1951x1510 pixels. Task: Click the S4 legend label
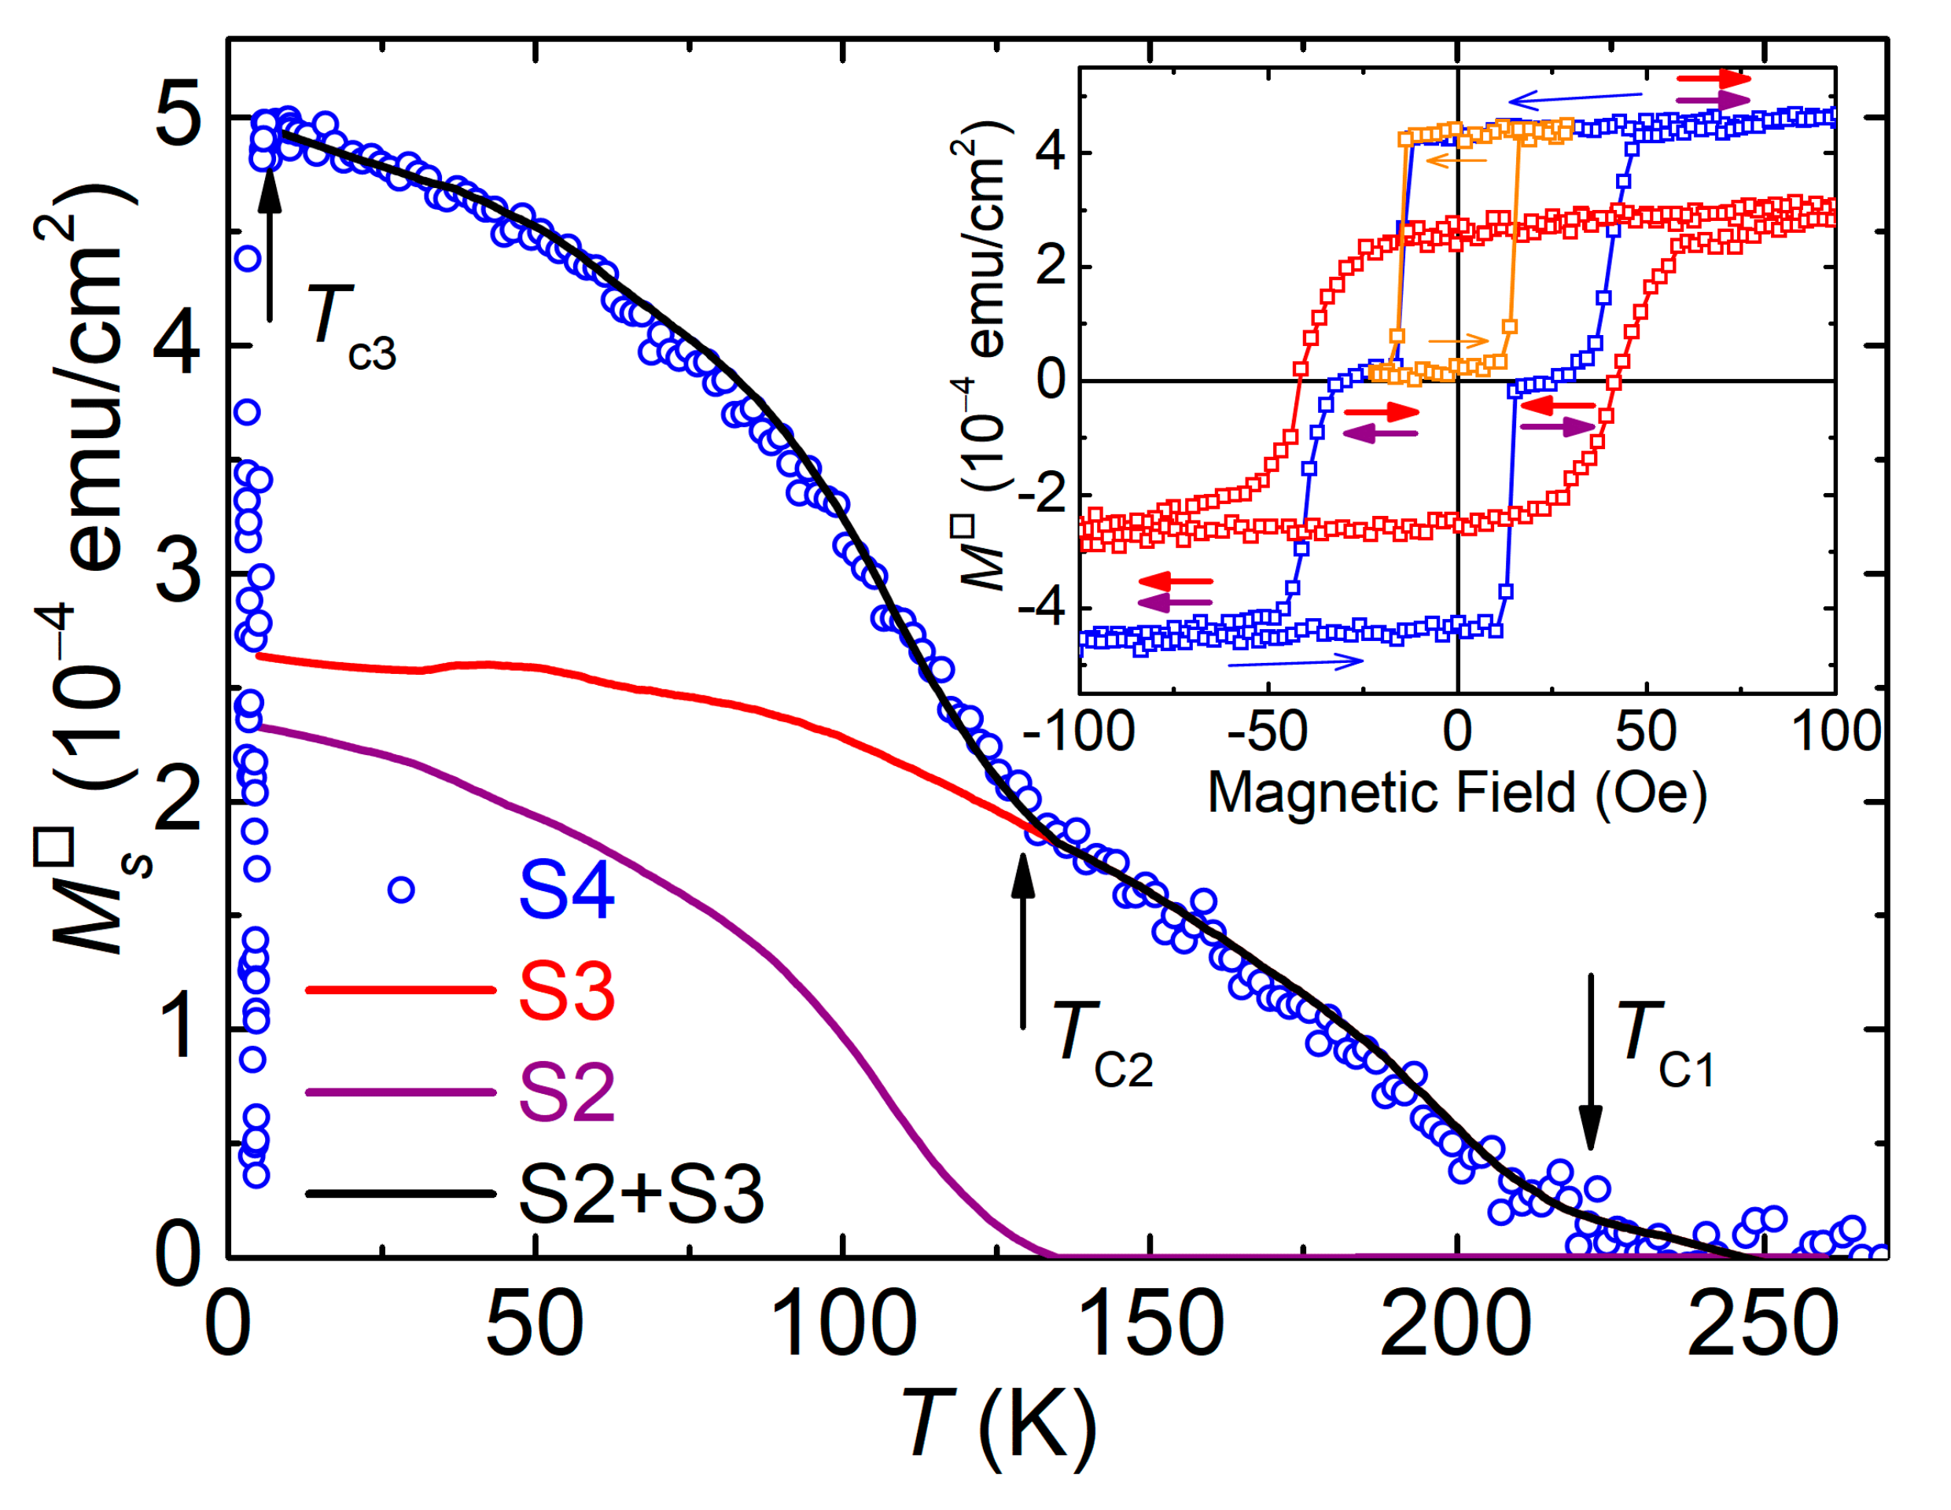pyautogui.click(x=566, y=890)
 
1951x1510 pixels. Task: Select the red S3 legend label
pyautogui.click(x=566, y=992)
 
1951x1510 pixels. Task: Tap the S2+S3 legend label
pyautogui.click(x=641, y=1195)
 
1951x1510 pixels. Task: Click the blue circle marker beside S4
pyautogui.click(x=401, y=890)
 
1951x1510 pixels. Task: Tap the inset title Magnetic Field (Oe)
pyautogui.click(x=1457, y=793)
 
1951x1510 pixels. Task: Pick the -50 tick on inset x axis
pyautogui.click(x=1267, y=731)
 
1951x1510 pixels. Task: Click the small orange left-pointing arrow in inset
pyautogui.click(x=1456, y=160)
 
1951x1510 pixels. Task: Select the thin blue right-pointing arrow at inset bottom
pyautogui.click(x=1295, y=662)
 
